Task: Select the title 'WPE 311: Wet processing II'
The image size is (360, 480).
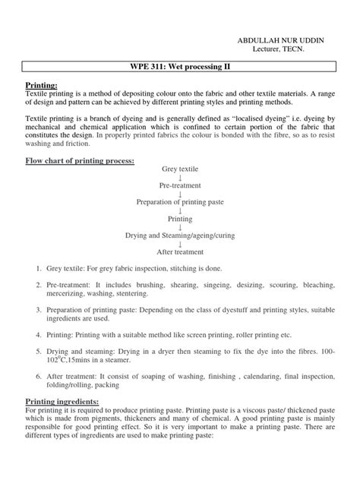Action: coord(179,69)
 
